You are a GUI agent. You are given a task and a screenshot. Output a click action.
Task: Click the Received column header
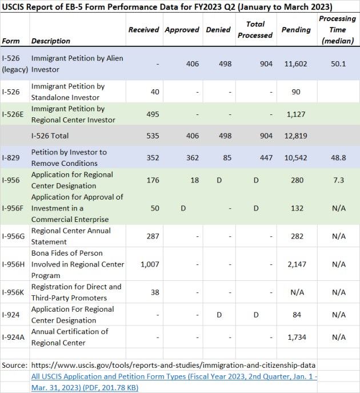click(x=143, y=30)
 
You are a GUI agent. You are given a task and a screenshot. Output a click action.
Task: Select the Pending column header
click(x=293, y=30)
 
